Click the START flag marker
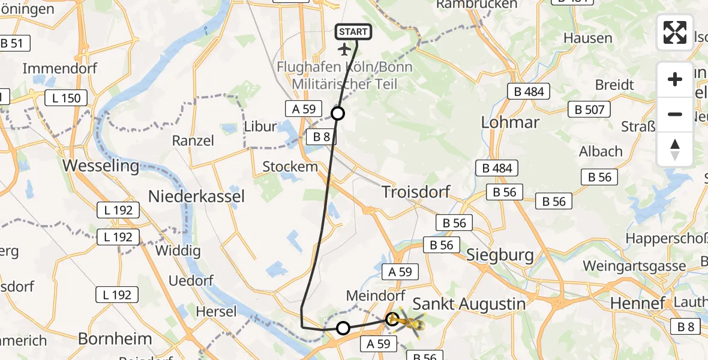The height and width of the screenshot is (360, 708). pyautogui.click(x=353, y=32)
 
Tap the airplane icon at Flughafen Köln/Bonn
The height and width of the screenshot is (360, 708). pyautogui.click(x=344, y=49)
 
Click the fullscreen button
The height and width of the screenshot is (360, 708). pyautogui.click(x=675, y=32)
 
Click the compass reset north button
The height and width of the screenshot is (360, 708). pyautogui.click(x=675, y=149)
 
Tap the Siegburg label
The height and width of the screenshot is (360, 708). pyautogui.click(x=500, y=255)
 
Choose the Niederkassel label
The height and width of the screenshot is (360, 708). pyautogui.click(x=197, y=196)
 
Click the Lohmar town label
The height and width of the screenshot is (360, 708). pyautogui.click(x=511, y=122)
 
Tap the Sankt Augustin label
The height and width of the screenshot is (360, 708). pyautogui.click(x=470, y=304)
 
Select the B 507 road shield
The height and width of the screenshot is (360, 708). pyautogui.click(x=589, y=109)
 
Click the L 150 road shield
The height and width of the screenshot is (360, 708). pyautogui.click(x=66, y=98)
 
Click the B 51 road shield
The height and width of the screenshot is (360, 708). pyautogui.click(x=11, y=43)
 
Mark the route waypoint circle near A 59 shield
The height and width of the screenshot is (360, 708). pyautogui.click(x=338, y=113)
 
